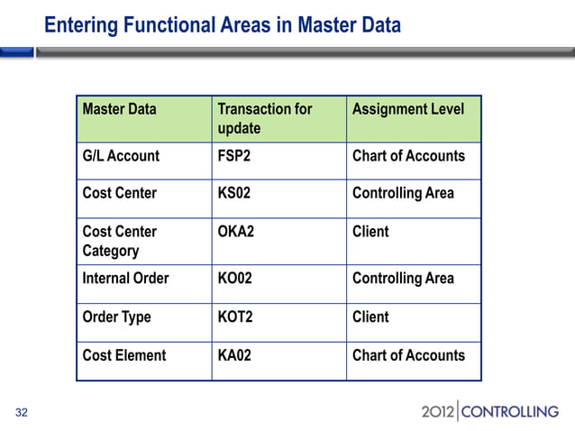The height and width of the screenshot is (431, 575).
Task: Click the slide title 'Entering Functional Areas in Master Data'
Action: (223, 25)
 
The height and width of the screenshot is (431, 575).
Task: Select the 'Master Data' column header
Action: (119, 109)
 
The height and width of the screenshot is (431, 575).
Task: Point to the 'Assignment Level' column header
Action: (408, 109)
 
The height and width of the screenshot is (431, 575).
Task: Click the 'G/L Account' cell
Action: (121, 156)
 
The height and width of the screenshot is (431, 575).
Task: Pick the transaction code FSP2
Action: (235, 156)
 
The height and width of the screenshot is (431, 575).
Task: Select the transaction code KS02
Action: (235, 193)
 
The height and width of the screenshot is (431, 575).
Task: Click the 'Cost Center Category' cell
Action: (119, 241)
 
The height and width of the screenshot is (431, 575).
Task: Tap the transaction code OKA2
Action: (236, 232)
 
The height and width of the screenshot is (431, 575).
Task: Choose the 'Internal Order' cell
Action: (125, 279)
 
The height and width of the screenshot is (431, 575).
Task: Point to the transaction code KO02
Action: (235, 279)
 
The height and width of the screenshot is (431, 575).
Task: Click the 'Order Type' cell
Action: (116, 316)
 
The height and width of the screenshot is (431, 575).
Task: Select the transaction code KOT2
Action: (235, 316)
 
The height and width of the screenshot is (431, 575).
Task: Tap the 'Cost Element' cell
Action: (123, 355)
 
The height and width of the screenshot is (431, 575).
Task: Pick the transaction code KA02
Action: (234, 355)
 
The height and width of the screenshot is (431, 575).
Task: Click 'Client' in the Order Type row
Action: (370, 316)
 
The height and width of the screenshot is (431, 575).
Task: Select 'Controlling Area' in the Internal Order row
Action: (403, 279)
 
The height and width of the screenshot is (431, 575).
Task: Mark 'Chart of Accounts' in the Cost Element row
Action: (408, 355)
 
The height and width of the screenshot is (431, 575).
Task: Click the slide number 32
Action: (22, 413)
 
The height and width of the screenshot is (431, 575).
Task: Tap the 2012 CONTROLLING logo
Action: (489, 412)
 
